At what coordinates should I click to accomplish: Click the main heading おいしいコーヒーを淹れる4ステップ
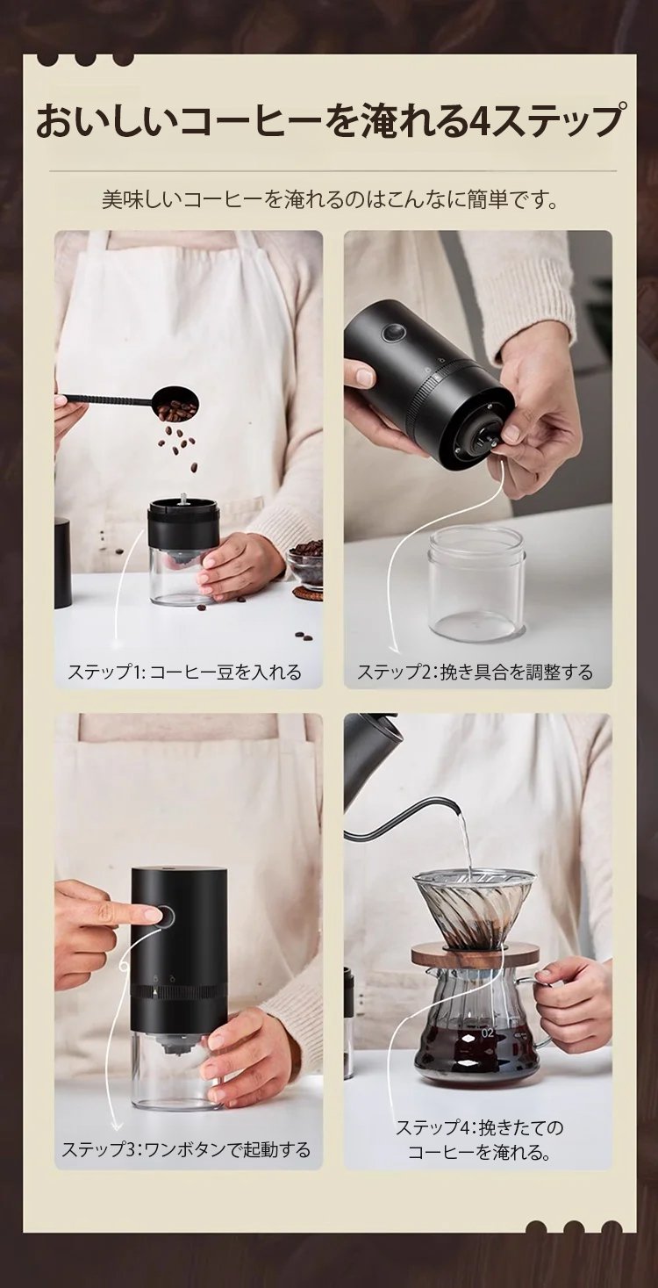point(329,121)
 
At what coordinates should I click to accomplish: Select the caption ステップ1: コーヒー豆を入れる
point(184,672)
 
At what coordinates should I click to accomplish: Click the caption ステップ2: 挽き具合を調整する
point(475,672)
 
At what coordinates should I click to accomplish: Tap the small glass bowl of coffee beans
point(305,563)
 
